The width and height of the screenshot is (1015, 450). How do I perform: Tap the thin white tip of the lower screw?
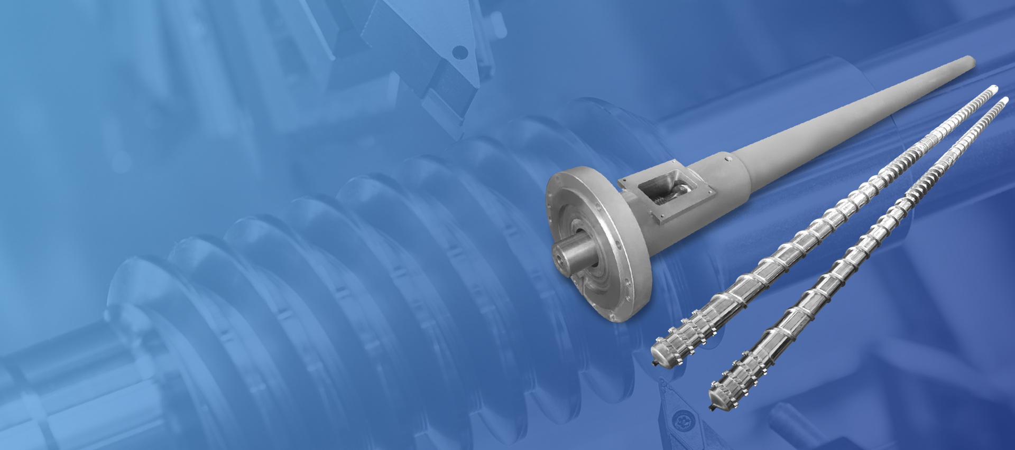(1004, 100)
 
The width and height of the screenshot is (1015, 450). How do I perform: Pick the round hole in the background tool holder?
(460, 52)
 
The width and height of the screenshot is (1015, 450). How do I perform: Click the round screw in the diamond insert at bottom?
(682, 421)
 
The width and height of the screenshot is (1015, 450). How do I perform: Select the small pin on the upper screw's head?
(655, 363)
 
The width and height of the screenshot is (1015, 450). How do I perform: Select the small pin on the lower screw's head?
(712, 407)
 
